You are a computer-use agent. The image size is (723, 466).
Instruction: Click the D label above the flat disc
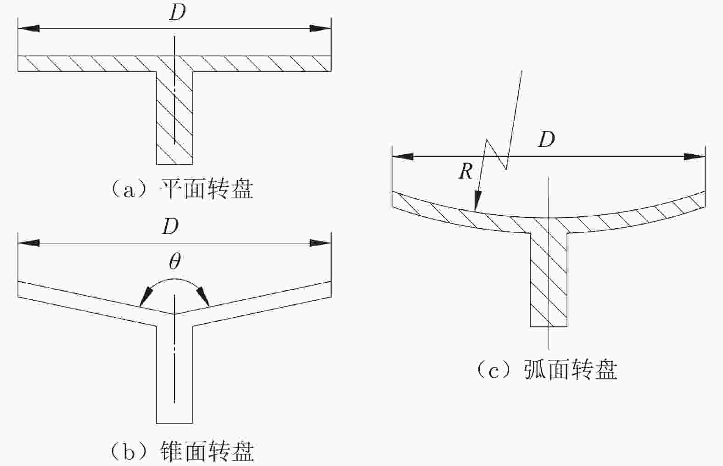click(x=177, y=12)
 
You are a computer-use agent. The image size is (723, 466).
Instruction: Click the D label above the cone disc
click(x=170, y=226)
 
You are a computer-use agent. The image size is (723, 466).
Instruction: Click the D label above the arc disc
click(x=546, y=139)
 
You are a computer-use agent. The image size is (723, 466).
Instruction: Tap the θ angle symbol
click(x=174, y=262)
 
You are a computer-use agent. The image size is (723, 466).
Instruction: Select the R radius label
click(x=465, y=172)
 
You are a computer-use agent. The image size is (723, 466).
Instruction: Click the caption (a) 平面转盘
click(x=182, y=189)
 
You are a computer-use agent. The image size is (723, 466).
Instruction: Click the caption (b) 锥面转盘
click(x=182, y=451)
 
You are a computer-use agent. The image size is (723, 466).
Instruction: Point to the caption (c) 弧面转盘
click(x=546, y=370)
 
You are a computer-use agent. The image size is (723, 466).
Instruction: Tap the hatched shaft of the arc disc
click(x=549, y=280)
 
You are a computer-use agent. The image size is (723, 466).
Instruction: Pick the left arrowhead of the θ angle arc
click(x=146, y=297)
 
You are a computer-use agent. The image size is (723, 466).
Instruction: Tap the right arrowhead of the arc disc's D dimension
click(x=695, y=157)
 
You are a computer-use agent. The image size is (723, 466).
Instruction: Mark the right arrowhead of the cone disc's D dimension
click(x=320, y=243)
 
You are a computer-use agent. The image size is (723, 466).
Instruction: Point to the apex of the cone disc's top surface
click(x=174, y=314)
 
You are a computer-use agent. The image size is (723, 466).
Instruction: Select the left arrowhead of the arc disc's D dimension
click(x=402, y=157)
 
